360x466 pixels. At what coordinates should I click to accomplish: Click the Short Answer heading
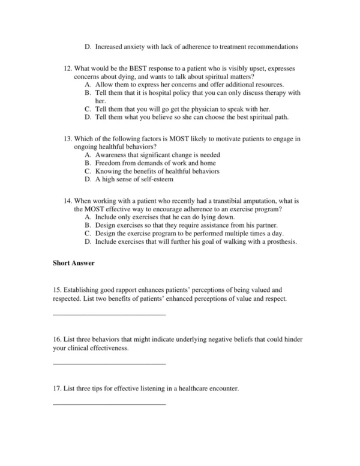[x=74, y=262]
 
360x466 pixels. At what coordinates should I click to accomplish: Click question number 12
[x=67, y=69]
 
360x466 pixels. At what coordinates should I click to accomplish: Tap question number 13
[x=67, y=139]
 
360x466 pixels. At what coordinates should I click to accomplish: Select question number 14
[x=67, y=201]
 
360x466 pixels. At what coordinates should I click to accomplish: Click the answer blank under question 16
[x=109, y=363]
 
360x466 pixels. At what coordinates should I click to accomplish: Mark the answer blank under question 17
[x=109, y=403]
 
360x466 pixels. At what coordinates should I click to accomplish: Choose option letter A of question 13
[x=88, y=155]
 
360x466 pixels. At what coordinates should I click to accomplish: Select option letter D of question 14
[x=88, y=242]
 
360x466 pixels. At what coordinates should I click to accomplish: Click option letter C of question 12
[x=88, y=109]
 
